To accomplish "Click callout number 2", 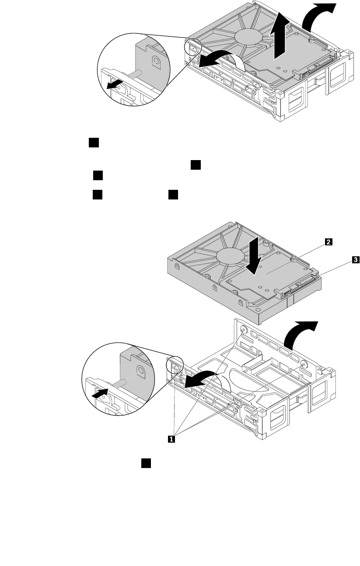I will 327,241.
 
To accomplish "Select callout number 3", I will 356,260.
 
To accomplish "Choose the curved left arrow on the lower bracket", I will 201,377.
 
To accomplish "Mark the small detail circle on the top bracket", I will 193,46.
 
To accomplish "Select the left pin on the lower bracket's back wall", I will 244,331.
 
